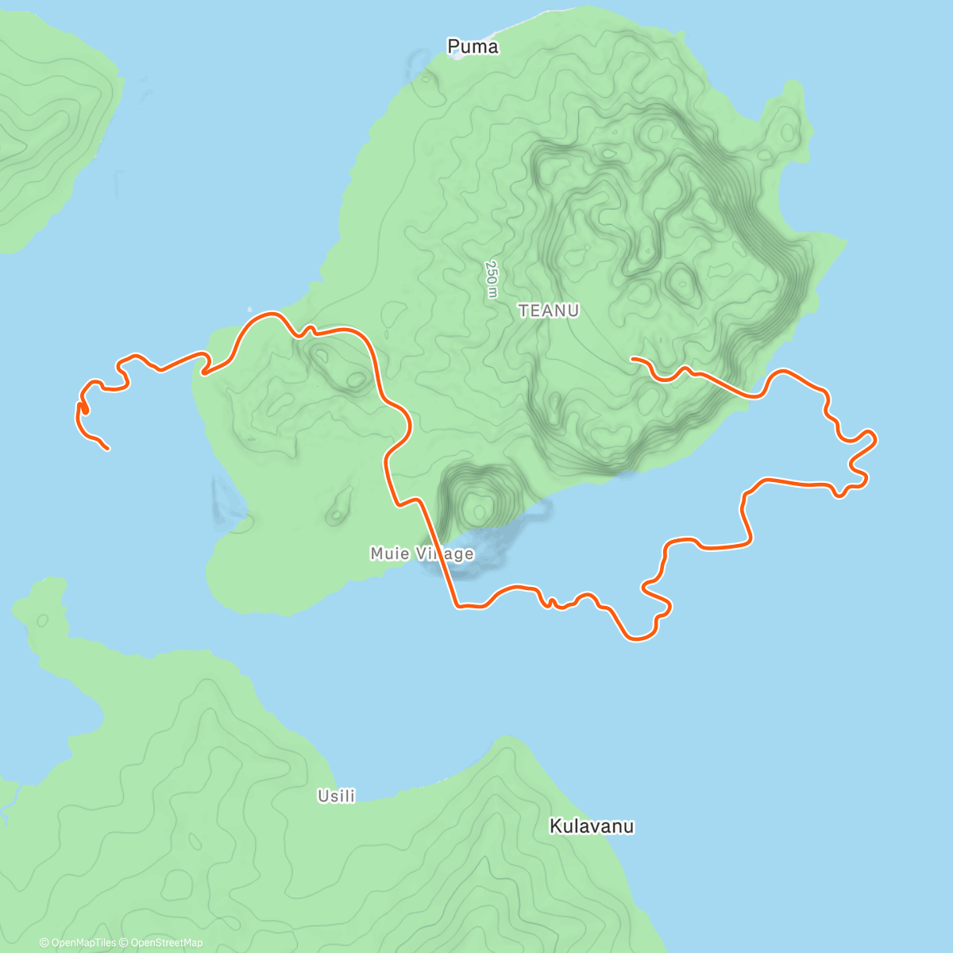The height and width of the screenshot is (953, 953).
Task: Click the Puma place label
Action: tap(473, 47)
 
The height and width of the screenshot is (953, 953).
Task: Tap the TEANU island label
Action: tap(549, 311)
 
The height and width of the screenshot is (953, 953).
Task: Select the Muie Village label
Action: tap(422, 554)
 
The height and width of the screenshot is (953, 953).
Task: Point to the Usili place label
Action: tap(336, 796)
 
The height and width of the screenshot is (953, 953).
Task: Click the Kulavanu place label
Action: tap(592, 827)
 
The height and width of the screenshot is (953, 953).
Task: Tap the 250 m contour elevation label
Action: tap(492, 279)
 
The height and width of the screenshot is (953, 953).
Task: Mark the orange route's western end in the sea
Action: tap(107, 449)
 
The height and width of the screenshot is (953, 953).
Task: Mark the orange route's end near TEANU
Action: tap(632, 359)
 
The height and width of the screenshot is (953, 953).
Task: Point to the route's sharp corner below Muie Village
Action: tap(458, 607)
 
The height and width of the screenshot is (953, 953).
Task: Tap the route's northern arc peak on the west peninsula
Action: tap(268, 314)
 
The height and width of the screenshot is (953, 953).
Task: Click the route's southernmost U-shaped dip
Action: tap(638, 639)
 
